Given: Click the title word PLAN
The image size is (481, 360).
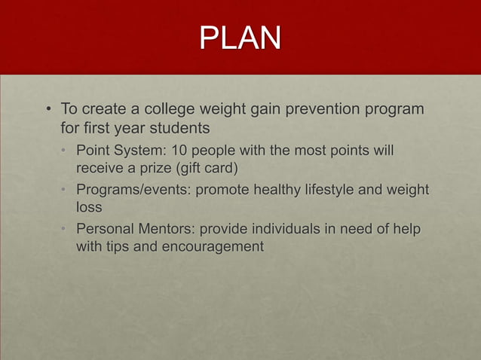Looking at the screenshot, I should pyautogui.click(x=240, y=37).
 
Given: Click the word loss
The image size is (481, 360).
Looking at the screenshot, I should pyautogui.click(x=89, y=206).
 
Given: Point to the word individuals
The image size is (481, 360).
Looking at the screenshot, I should pyautogui.click(x=280, y=228).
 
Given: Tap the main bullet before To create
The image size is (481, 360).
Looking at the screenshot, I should pyautogui.click(x=47, y=111).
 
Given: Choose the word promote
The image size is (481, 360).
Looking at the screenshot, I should pyautogui.click(x=223, y=189).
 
